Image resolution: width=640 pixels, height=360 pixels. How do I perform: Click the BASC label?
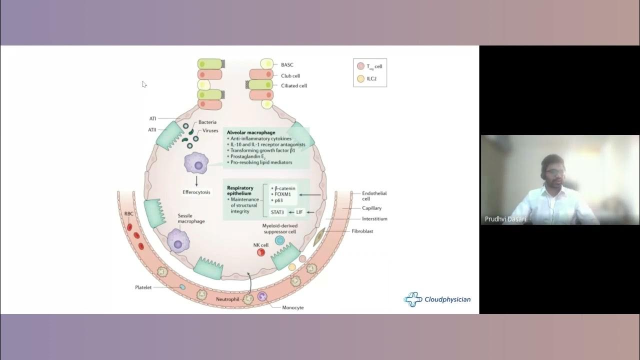pyautogui.click(x=287, y=65)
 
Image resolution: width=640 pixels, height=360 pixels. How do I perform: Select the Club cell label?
pyautogui.click(x=290, y=76)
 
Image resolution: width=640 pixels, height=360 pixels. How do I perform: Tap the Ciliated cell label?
pyautogui.click(x=293, y=85)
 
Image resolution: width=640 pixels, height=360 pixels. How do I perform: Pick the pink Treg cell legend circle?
pyautogui.click(x=360, y=66)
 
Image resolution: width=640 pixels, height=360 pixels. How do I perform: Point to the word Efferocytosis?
pyautogui.click(x=196, y=192)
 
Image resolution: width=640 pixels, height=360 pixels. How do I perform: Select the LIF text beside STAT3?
pyautogui.click(x=299, y=212)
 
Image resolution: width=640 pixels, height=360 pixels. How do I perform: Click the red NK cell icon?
pyautogui.click(x=261, y=252)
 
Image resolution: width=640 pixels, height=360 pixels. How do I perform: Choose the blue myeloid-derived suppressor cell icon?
pyautogui.click(x=280, y=240)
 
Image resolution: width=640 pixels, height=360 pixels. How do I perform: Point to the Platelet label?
pyautogui.click(x=143, y=287)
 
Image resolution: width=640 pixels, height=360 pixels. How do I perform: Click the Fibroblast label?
pyautogui.click(x=362, y=231)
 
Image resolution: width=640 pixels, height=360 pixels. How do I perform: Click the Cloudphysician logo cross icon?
pyautogui.click(x=412, y=299)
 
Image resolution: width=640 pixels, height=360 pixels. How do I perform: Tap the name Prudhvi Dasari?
pyautogui.click(x=505, y=219)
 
